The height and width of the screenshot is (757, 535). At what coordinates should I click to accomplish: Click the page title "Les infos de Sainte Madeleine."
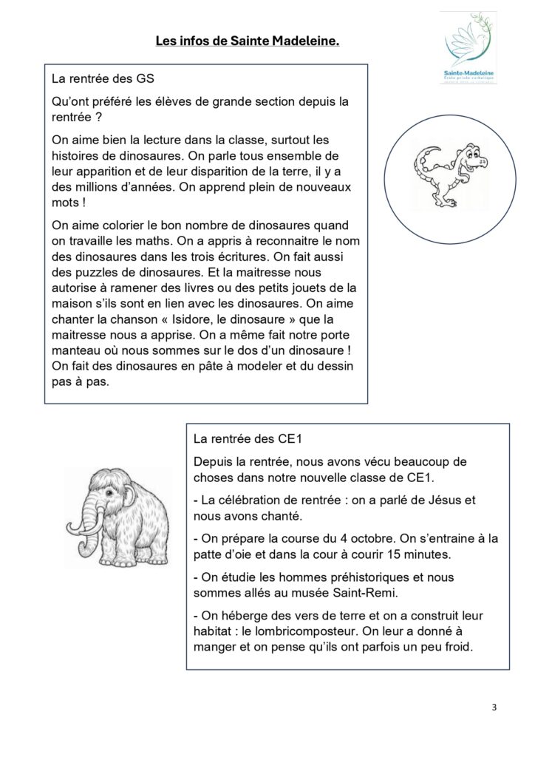tap(247, 42)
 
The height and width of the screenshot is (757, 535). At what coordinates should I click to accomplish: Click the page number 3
tap(494, 707)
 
